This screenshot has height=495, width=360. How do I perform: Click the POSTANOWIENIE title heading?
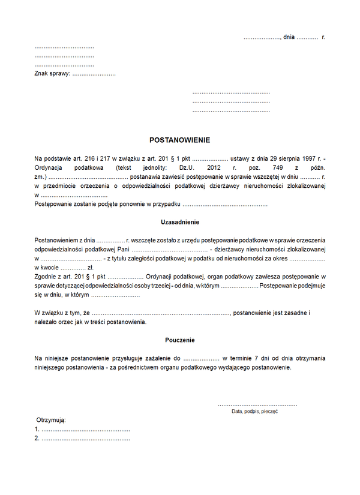(179, 140)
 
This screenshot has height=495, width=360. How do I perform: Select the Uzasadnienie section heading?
(180, 222)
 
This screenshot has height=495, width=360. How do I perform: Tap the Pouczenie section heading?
(180, 340)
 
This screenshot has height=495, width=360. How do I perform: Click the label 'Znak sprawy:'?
(52, 74)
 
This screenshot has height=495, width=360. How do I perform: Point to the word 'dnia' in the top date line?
(289, 37)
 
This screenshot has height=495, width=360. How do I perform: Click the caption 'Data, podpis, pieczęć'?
(255, 412)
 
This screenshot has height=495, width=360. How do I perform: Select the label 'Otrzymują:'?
(51, 420)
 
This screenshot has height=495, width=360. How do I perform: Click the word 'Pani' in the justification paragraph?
(123, 249)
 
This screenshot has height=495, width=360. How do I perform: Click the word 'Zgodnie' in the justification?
(46, 277)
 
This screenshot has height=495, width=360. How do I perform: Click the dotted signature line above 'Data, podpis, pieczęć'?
(257, 405)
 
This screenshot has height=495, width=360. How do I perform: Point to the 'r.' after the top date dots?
(323, 37)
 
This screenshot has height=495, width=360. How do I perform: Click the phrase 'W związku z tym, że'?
(62, 313)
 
